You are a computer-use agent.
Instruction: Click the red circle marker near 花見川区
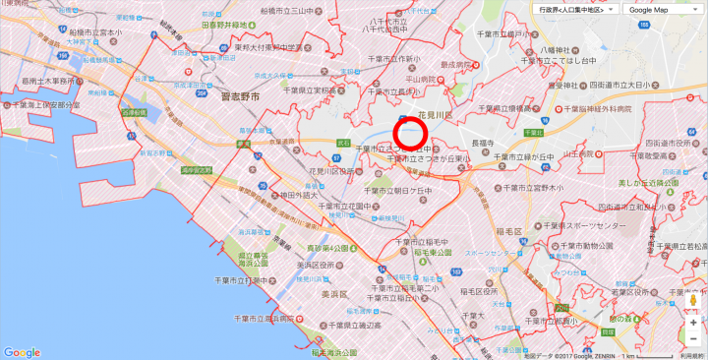coord(408,134)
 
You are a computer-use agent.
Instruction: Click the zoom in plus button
coord(692,322)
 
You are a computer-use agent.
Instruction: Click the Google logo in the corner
coord(22,352)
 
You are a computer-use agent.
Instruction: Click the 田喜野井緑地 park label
coord(236,25)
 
